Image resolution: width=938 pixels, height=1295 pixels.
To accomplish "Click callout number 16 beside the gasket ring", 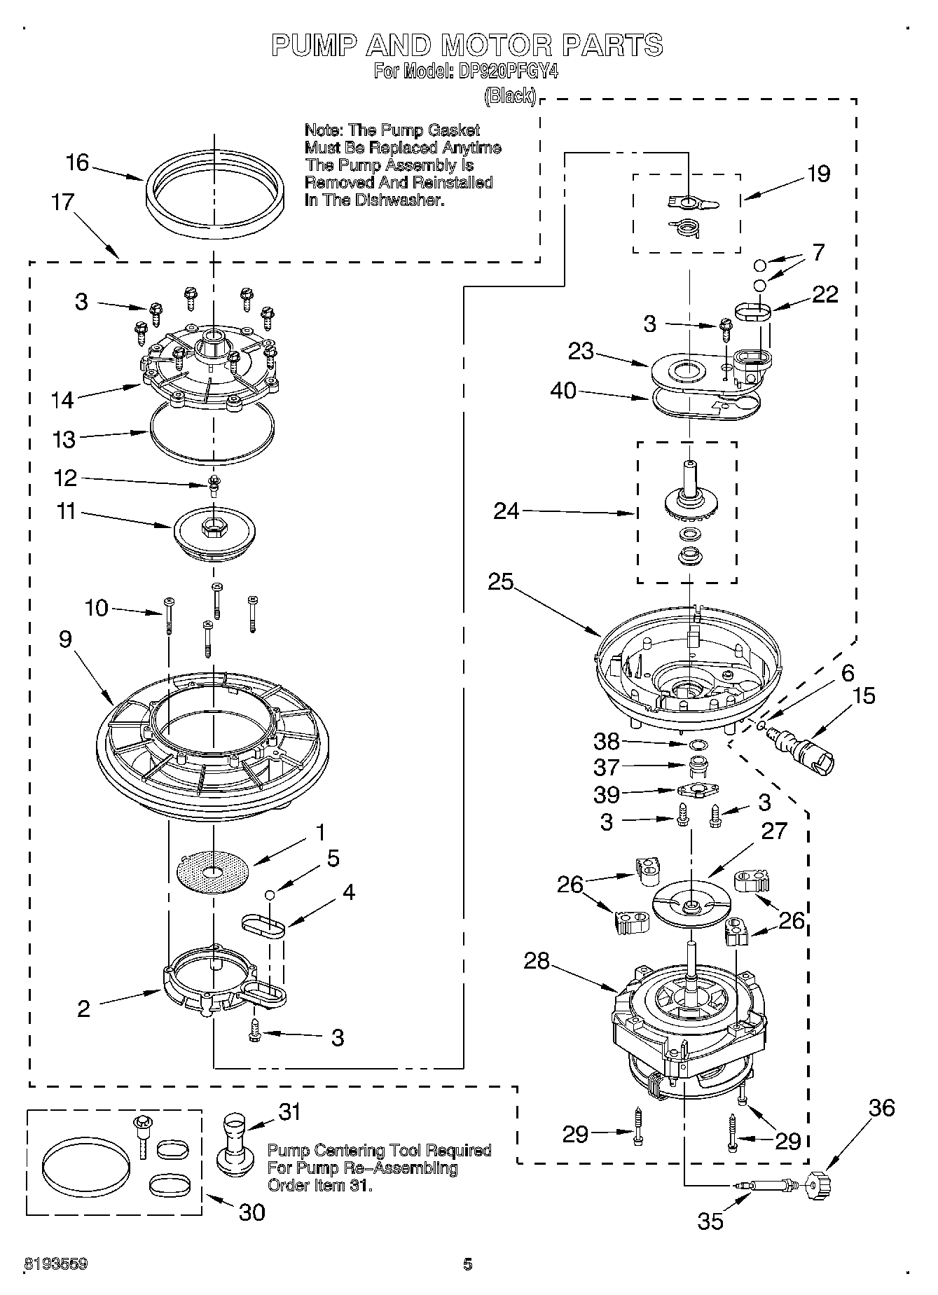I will [x=77, y=163].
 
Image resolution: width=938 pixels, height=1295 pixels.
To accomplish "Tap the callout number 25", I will [x=501, y=581].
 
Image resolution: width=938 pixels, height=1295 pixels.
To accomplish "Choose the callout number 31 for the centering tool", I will [x=289, y=1112].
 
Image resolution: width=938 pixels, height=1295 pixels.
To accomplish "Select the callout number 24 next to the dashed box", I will [x=506, y=511].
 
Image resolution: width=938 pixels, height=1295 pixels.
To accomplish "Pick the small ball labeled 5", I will [x=269, y=894].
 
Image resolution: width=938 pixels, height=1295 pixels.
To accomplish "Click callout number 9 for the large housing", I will [x=65, y=639].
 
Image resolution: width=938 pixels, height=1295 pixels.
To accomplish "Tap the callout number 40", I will [x=564, y=391].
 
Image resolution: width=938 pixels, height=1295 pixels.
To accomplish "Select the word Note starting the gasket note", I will [x=323, y=130].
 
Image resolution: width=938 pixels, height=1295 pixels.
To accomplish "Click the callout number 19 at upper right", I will [x=818, y=174].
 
